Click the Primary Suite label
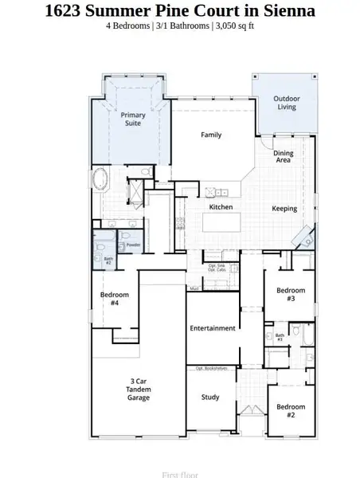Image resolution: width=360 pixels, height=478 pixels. tap(133, 119)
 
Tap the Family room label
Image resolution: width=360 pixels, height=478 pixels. tap(211, 135)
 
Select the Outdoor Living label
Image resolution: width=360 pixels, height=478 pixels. tap(287, 103)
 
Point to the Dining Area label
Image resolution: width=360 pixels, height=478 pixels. tap(283, 156)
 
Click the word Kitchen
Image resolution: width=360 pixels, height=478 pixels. tap(221, 207)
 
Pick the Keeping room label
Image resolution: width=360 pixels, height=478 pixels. tap(284, 209)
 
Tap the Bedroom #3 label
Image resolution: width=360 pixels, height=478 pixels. tap(291, 295)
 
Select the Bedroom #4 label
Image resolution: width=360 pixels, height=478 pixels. tap(110, 299)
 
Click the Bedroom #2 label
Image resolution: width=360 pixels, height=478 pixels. tap(291, 411)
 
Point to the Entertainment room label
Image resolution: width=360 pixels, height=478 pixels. tap(212, 328)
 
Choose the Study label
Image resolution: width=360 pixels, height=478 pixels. tap(210, 397)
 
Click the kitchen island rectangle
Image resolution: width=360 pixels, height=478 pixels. tap(221, 218)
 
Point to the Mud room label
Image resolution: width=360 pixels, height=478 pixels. tap(194, 288)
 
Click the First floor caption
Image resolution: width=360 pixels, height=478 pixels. tap(179, 475)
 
